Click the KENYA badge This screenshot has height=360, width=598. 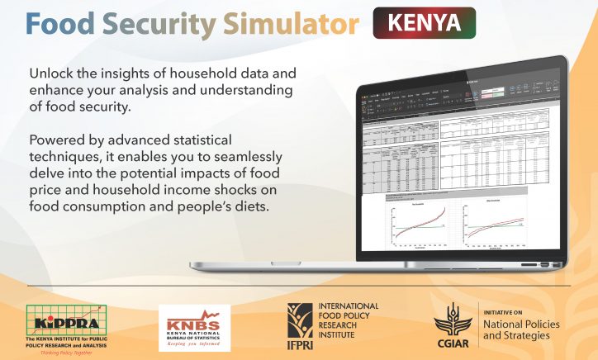pos(425,23)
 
